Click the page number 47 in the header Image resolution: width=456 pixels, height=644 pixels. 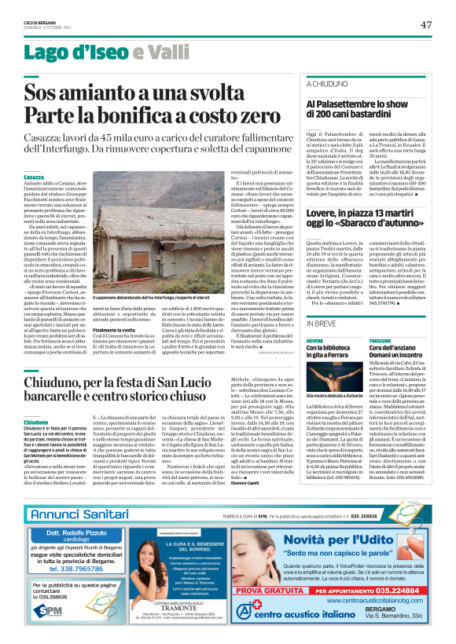point(426,24)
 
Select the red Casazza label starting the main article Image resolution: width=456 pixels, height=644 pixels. point(34,178)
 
